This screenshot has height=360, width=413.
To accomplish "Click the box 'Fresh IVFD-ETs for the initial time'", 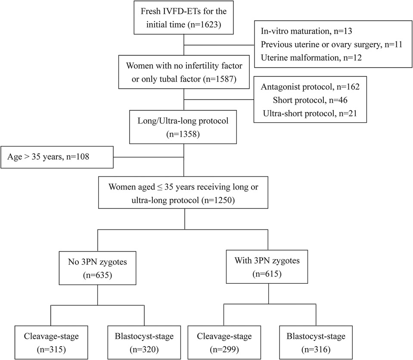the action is (183, 17).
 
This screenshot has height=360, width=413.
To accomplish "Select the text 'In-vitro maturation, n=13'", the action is (306, 31).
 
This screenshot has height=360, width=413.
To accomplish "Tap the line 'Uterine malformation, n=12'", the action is (311, 58).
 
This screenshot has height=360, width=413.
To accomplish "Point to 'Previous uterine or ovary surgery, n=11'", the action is (332, 44).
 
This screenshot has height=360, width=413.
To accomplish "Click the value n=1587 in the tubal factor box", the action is (220, 79).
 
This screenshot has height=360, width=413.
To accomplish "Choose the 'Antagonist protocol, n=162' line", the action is (310, 87).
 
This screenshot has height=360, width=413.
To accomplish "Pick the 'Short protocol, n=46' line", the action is (310, 100).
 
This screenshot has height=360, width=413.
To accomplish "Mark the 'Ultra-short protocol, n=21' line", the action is (310, 114).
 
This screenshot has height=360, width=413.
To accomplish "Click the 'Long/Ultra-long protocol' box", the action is (183, 127).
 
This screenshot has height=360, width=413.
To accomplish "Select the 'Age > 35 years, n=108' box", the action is (57, 157).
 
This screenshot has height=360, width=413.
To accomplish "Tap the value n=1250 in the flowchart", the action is (218, 200).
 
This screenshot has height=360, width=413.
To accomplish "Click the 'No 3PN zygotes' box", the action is (97, 268).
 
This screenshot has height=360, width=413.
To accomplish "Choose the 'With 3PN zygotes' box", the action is (267, 267).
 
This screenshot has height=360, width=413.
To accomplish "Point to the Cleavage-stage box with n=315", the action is (51, 343).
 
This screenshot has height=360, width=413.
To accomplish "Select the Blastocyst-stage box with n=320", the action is (144, 343).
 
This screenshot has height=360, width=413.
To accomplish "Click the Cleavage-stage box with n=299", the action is (224, 343).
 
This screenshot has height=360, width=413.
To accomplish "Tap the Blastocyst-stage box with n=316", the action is (316, 343).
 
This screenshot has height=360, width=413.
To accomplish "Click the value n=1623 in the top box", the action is (204, 25).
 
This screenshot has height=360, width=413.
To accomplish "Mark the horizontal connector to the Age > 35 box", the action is (149, 157).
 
